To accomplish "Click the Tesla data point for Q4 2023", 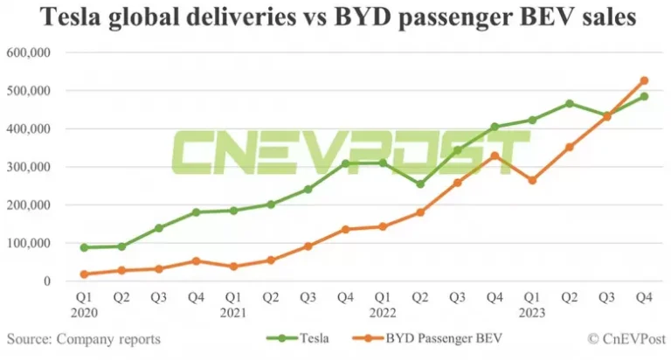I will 644,96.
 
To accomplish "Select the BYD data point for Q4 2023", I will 644,80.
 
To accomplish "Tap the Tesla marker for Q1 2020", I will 84,247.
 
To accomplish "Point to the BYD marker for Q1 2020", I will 84,274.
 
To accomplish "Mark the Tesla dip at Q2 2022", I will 419,184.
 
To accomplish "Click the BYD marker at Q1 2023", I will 532,180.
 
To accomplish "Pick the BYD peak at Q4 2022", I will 495,156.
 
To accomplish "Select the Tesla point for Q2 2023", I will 570,103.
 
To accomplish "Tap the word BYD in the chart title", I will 378,17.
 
